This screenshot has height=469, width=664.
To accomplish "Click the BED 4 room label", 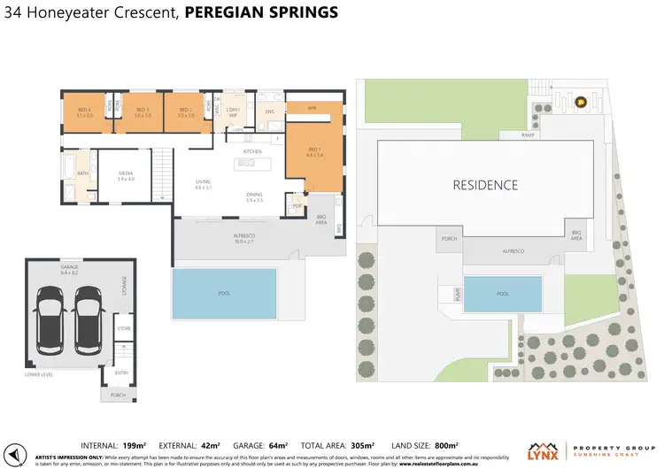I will point(83,112).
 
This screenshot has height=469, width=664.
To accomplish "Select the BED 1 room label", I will point(312,152).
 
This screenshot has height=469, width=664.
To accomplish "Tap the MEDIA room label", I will point(126,175).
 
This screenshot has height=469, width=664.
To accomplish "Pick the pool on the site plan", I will point(503,294).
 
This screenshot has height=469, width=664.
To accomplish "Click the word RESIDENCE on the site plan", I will point(485,185).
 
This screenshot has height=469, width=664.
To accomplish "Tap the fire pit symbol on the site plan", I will point(582,104).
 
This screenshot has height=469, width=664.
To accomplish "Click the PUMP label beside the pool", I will point(457,294).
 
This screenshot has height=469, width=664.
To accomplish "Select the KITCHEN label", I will point(253,151).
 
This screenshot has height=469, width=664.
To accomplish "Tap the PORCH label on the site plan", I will point(449,239).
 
